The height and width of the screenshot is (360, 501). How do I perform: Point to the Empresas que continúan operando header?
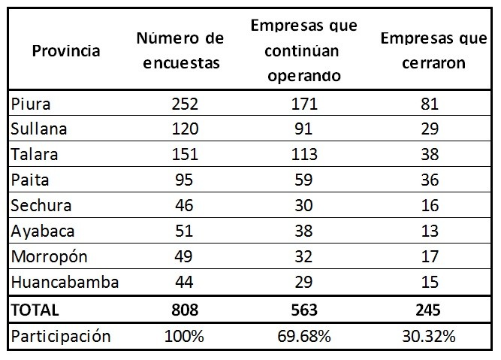[x=305, y=51]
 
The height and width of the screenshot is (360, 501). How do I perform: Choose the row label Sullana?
[x=39, y=129]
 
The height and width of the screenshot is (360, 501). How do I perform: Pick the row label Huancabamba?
[x=65, y=283]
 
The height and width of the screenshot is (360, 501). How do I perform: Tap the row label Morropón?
[x=50, y=257]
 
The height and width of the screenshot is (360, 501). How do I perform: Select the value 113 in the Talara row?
[x=305, y=155]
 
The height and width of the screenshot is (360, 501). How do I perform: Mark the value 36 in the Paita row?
[x=430, y=180]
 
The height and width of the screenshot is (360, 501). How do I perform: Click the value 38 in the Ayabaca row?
[x=305, y=231]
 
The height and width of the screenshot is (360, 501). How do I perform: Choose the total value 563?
[x=305, y=309]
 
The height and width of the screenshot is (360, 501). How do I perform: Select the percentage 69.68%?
[x=305, y=336]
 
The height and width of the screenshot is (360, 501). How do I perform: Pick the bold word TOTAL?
[x=35, y=309]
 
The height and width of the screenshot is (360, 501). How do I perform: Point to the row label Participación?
[x=61, y=336]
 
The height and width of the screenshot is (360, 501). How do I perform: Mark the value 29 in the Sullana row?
[x=430, y=129]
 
